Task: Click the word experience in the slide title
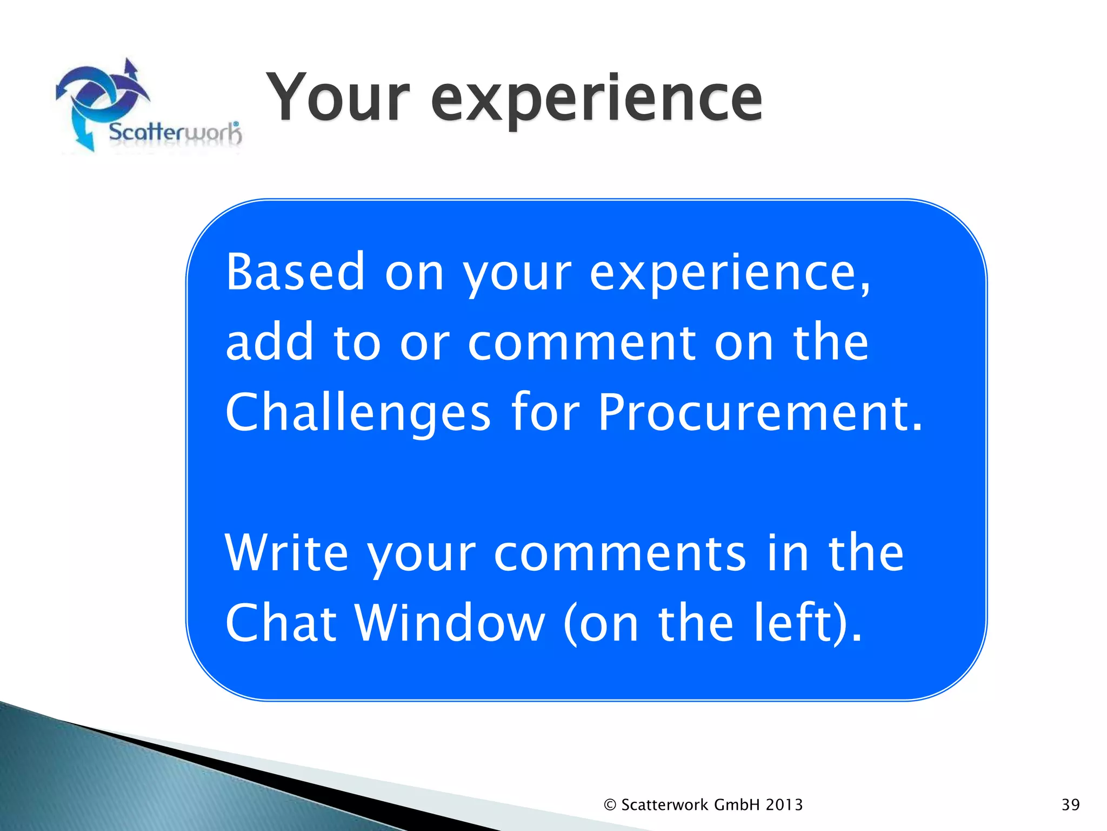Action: pyautogui.click(x=597, y=100)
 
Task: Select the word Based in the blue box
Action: pyautogui.click(x=295, y=272)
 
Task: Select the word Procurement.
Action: pyautogui.click(x=760, y=413)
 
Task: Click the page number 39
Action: pyautogui.click(x=1070, y=805)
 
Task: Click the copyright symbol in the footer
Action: pyautogui.click(x=610, y=805)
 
